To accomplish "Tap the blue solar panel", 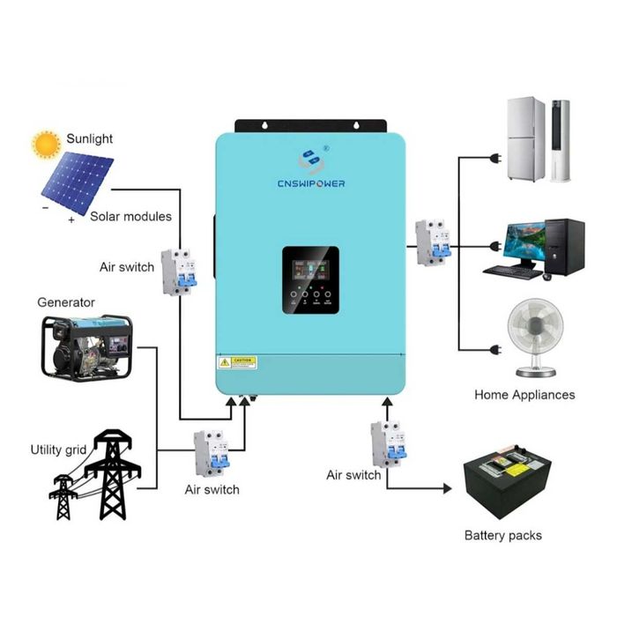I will tap(78, 182).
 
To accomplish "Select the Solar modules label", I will tap(131, 216).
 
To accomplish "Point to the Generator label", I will tap(66, 302).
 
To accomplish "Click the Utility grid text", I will tap(58, 450).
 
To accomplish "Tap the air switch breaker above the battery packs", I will tap(388, 443).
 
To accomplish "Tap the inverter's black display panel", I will tap(311, 281).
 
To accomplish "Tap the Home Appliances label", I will tap(524, 395).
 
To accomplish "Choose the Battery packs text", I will tap(502, 535).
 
